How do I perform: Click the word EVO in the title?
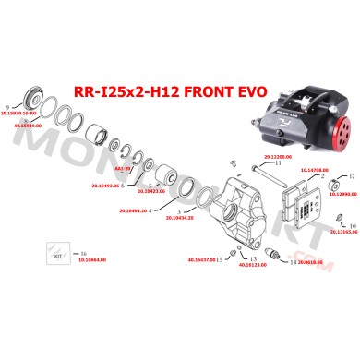(x=253, y=91)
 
